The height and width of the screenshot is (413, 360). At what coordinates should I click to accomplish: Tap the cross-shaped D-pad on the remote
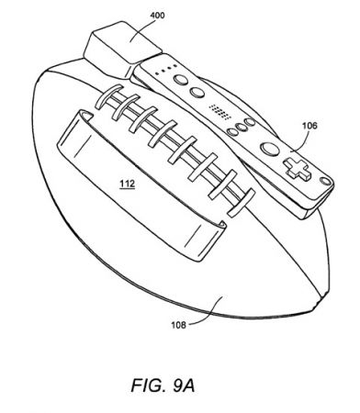[x=297, y=166]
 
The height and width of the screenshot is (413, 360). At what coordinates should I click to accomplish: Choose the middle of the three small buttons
[x=237, y=125]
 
